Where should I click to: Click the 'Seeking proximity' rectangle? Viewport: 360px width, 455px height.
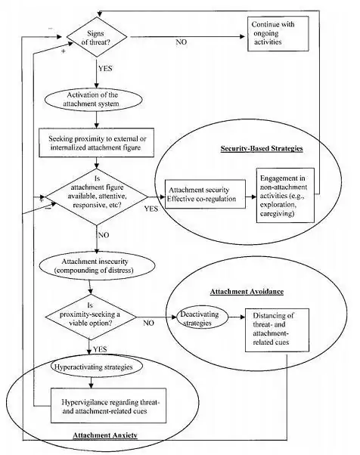[97, 141]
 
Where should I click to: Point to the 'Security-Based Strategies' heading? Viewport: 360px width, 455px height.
[262, 149]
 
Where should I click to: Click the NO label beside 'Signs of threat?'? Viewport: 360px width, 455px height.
[182, 42]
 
